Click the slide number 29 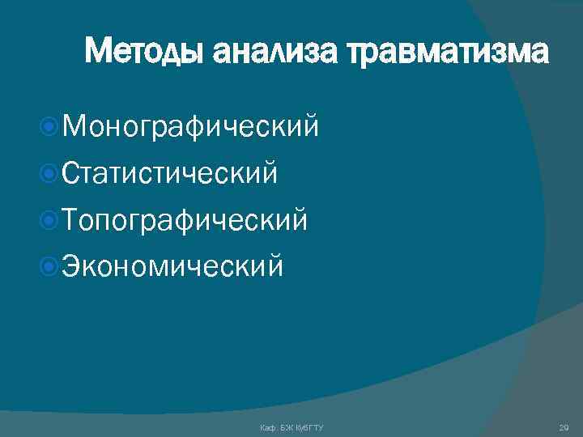click(564, 426)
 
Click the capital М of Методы click(99, 53)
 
